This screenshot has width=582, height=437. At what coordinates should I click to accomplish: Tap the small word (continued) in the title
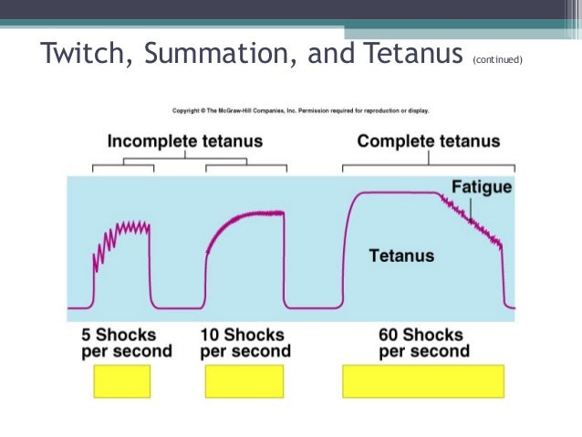(x=497, y=60)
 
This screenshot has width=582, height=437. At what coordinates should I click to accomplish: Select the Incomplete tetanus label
(x=184, y=141)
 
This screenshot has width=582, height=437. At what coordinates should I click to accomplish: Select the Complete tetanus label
(x=428, y=141)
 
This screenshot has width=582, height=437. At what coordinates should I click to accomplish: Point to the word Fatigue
(x=482, y=187)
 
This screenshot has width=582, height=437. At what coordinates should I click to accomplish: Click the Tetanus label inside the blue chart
(x=401, y=255)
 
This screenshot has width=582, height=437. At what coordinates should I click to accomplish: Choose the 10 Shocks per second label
(x=244, y=342)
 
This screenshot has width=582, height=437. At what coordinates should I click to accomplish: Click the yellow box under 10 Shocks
(x=244, y=381)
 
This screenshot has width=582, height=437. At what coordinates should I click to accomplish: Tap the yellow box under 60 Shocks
(x=422, y=381)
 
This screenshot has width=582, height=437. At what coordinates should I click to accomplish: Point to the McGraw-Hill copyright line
(x=301, y=111)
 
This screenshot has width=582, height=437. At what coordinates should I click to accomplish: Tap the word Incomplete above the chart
(x=151, y=141)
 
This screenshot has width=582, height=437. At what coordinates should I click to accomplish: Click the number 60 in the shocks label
(x=389, y=334)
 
